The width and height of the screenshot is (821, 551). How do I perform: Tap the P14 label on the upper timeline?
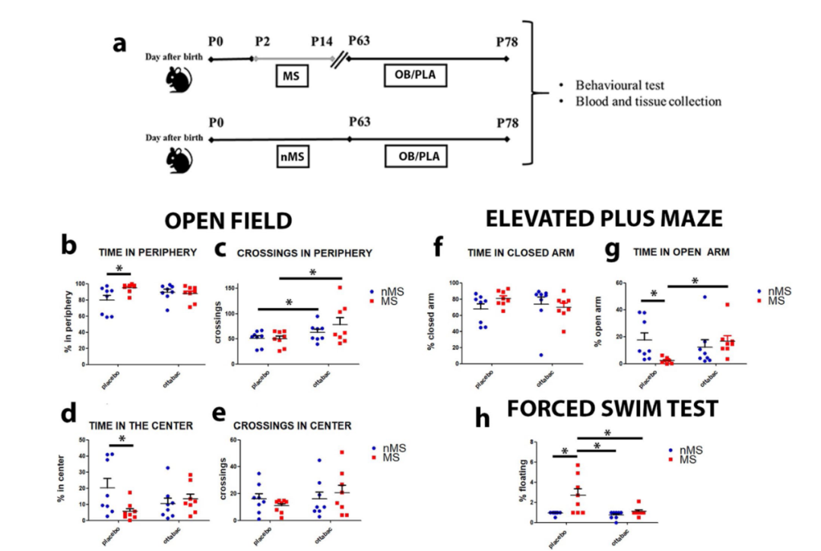click(322, 42)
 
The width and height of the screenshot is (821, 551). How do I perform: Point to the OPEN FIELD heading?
click(229, 220)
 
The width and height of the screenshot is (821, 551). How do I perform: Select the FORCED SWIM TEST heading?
click(612, 409)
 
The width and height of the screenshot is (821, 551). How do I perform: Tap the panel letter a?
click(119, 43)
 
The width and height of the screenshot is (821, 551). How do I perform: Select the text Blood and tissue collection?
click(648, 101)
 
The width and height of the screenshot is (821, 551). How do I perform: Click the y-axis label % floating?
click(525, 483)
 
